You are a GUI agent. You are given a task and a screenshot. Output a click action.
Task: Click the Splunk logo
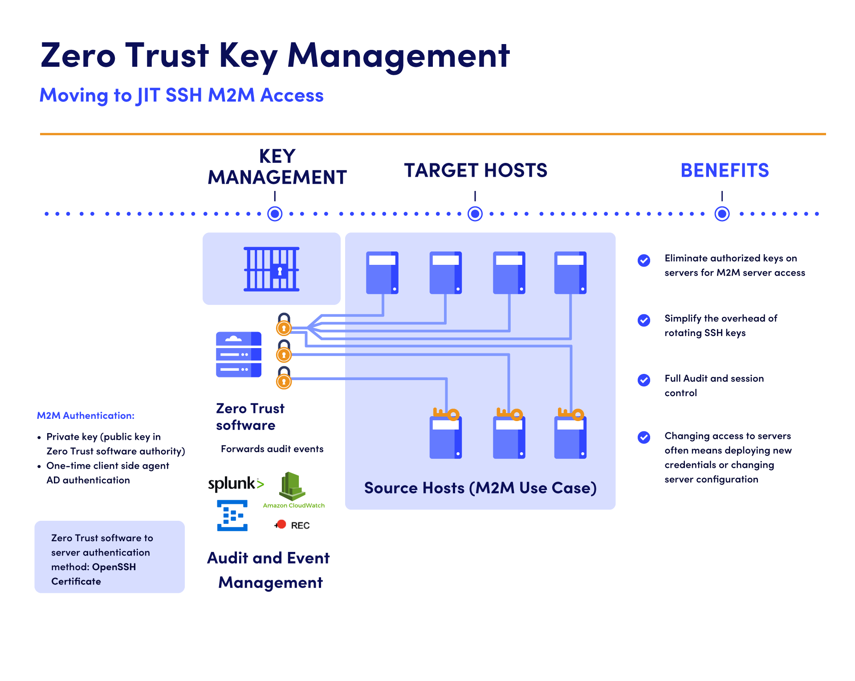(236, 483)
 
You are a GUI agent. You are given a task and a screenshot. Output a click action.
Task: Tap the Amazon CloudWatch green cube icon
(292, 486)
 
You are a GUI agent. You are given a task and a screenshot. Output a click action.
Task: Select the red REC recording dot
(281, 524)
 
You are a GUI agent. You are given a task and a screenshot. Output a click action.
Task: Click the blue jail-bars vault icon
(271, 269)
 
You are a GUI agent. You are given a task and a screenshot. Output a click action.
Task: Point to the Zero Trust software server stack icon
(239, 354)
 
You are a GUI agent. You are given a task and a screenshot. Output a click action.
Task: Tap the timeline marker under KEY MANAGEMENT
(275, 214)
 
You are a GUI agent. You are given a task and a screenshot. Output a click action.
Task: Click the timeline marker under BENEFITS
(722, 214)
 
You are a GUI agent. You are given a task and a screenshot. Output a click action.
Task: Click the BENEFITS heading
(725, 170)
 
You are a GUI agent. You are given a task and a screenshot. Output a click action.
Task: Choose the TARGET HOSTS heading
(476, 170)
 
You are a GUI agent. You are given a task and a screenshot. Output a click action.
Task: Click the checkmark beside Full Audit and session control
(644, 380)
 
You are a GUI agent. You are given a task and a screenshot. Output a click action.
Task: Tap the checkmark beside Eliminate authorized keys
(644, 260)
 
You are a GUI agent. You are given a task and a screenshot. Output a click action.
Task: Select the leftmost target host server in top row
(382, 273)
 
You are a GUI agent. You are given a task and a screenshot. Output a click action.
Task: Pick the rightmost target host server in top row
(570, 273)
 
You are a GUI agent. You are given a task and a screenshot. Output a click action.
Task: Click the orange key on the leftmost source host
(446, 414)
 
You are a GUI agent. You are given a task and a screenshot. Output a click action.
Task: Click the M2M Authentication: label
(85, 416)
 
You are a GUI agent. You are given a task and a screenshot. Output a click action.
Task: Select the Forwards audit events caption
(272, 449)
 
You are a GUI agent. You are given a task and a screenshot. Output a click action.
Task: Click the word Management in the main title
(399, 56)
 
